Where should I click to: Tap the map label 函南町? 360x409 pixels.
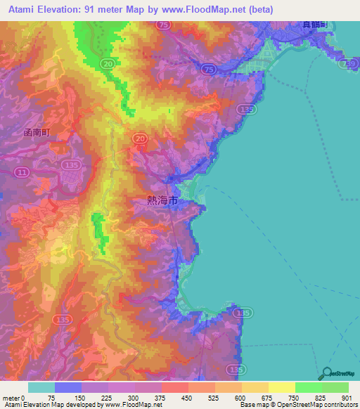point(37,131)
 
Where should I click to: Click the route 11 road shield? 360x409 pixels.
point(23,171)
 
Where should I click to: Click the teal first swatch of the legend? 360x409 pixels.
point(41,387)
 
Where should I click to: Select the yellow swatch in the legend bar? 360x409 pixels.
point(281,387)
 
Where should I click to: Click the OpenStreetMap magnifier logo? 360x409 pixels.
point(326,374)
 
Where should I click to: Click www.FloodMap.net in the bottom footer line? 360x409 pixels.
point(131,405)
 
